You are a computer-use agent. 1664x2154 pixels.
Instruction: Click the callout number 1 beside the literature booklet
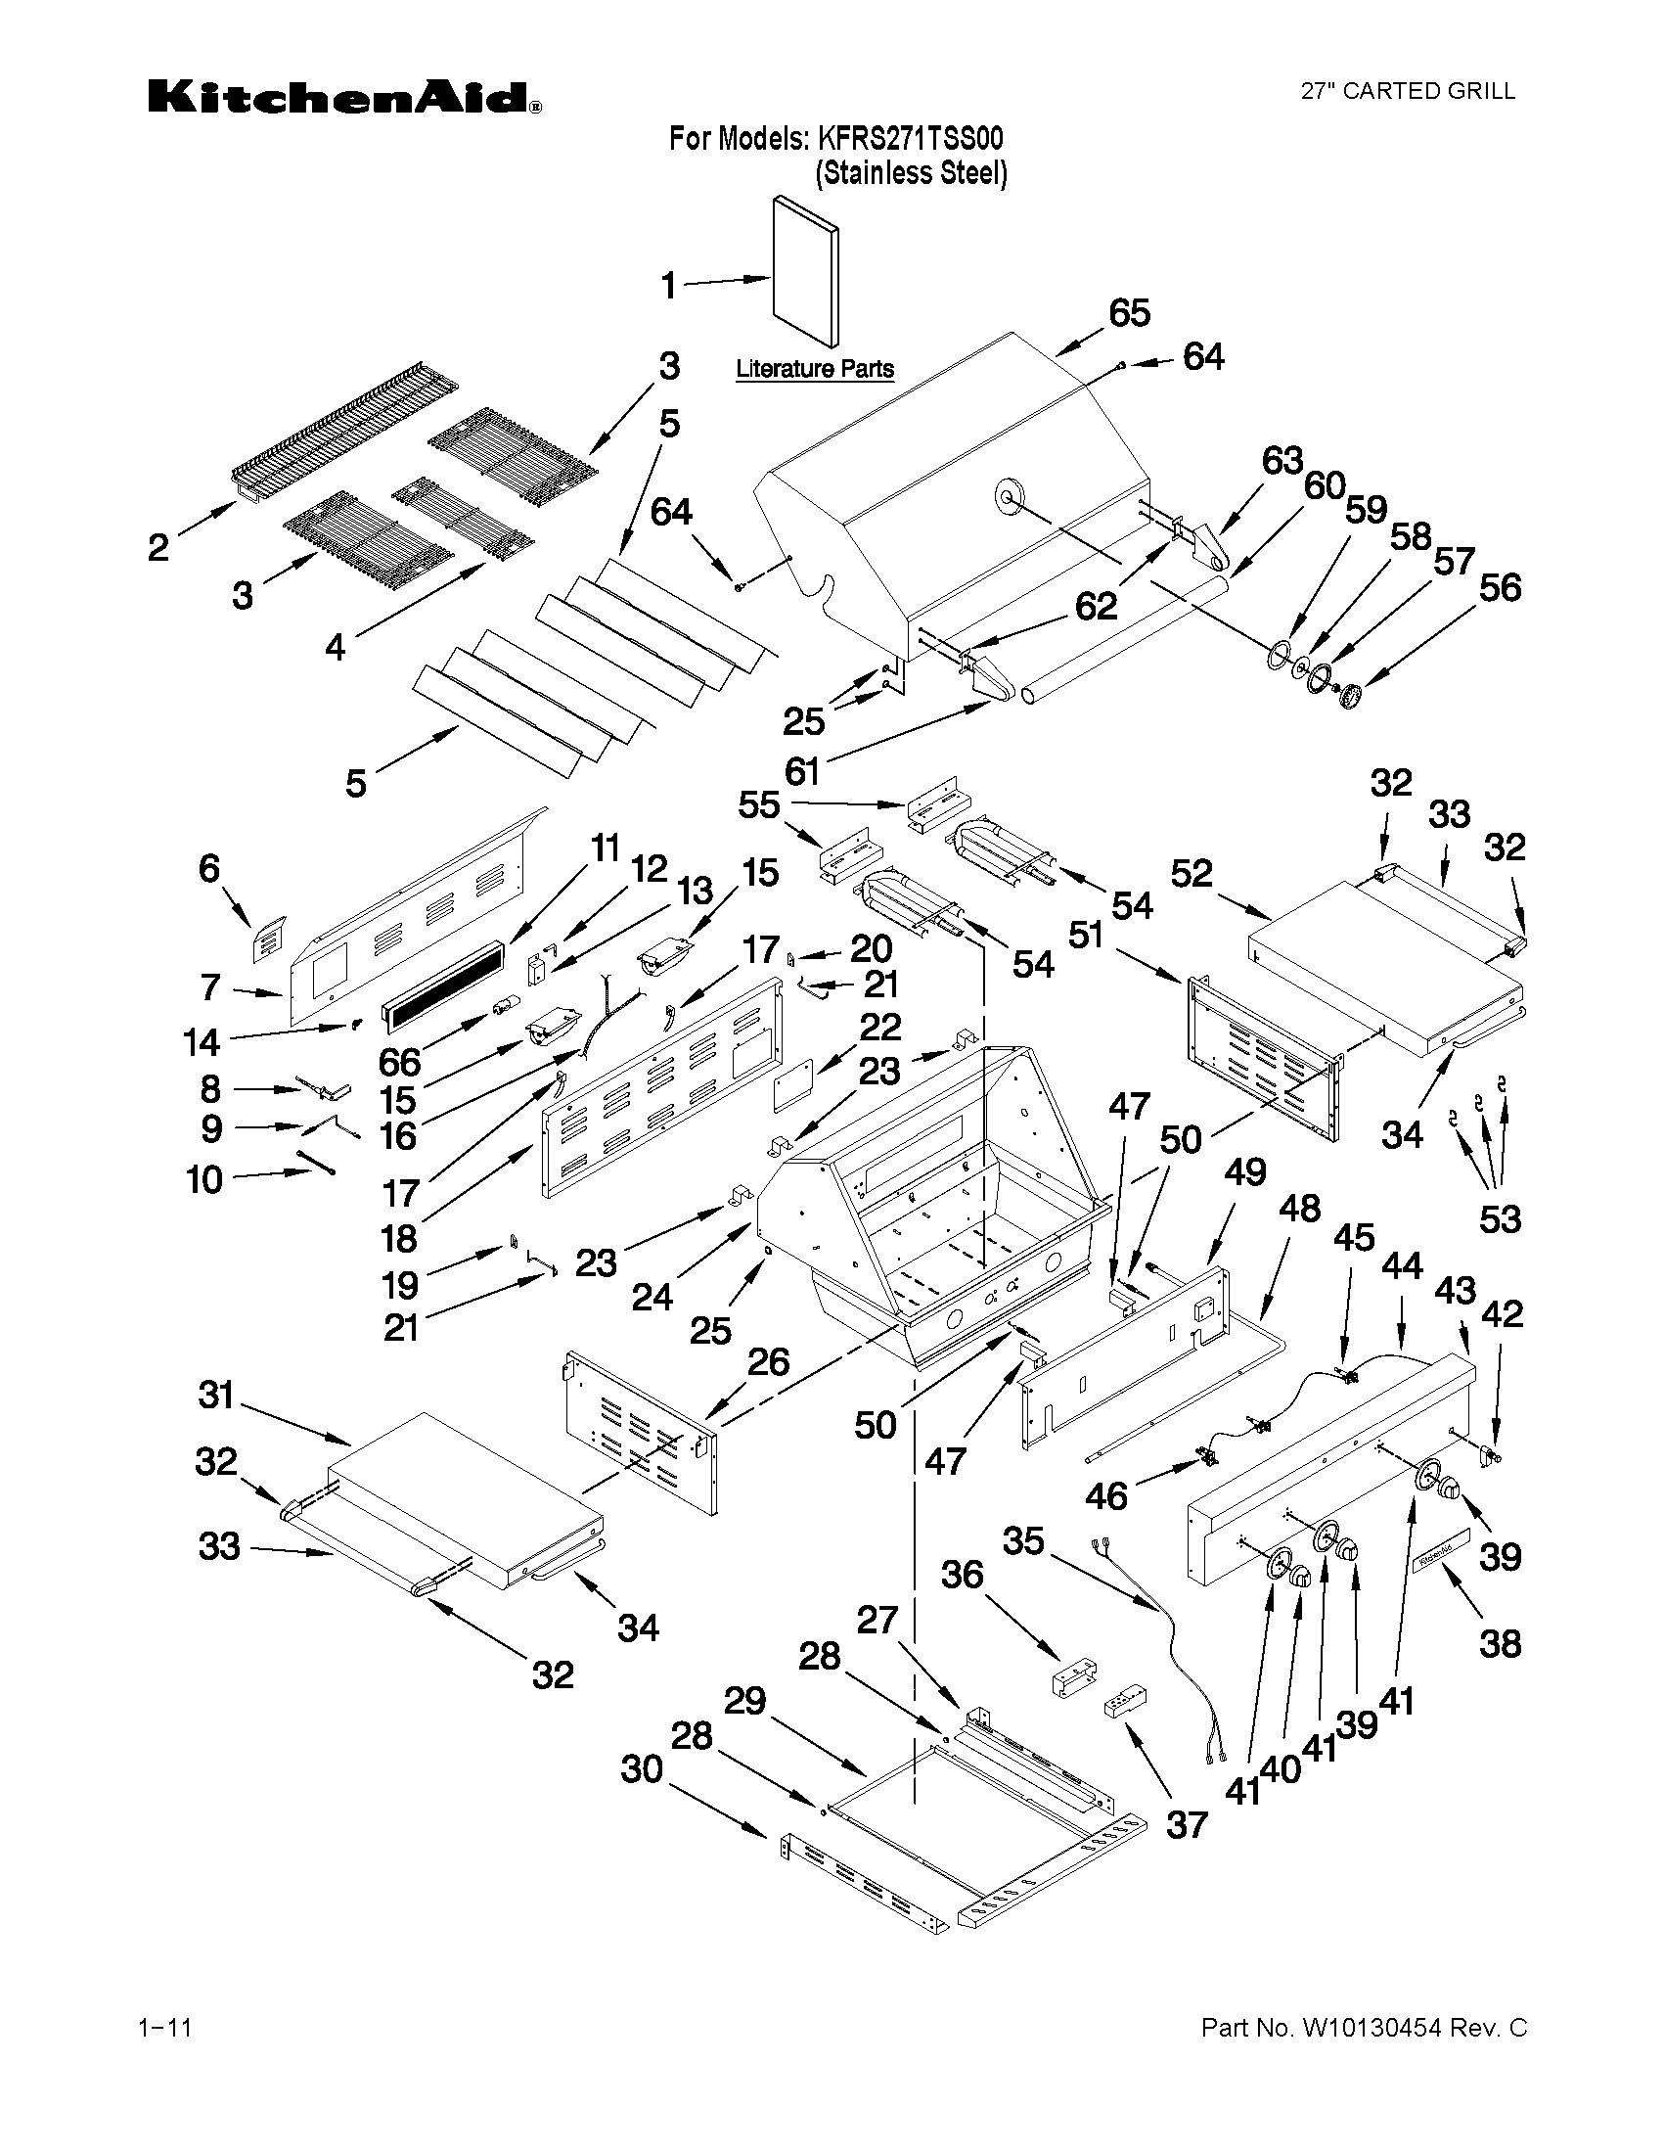pos(669,286)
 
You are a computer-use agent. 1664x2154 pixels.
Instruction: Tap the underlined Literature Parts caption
pos(815,369)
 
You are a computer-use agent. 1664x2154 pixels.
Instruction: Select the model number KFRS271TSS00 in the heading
pos(910,138)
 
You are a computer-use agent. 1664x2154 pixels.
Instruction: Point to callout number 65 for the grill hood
pos(1129,312)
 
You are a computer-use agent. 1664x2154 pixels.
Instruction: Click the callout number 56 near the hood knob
pos(1500,588)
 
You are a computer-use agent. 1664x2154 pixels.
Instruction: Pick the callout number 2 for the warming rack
pos(158,547)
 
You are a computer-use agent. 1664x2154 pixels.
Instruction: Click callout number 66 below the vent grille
pos(399,1062)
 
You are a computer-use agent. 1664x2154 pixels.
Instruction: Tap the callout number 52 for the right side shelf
pos(1192,873)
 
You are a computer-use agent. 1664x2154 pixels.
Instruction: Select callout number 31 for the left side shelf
pos(216,1396)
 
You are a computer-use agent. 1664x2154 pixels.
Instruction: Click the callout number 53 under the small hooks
pos(1500,1220)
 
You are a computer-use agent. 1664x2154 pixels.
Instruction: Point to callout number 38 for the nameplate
pos(1500,1643)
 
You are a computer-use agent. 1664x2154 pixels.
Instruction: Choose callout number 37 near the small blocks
pos(1186,1824)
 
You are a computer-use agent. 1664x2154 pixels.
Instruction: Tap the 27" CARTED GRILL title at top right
pos(1409,92)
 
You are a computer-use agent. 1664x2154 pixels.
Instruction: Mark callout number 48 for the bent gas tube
pos(1299,1209)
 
